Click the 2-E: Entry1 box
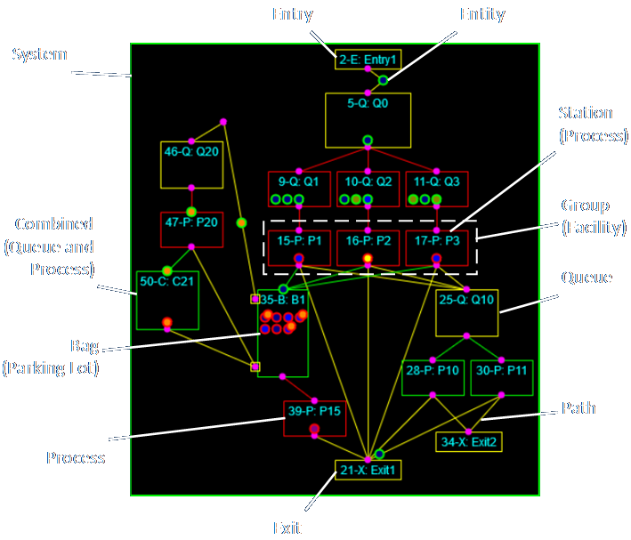point(368,60)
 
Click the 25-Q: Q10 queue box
point(466,312)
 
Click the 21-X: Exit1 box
point(368,470)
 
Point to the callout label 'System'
point(39,54)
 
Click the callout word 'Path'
point(578,408)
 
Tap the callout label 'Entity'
point(482,14)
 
